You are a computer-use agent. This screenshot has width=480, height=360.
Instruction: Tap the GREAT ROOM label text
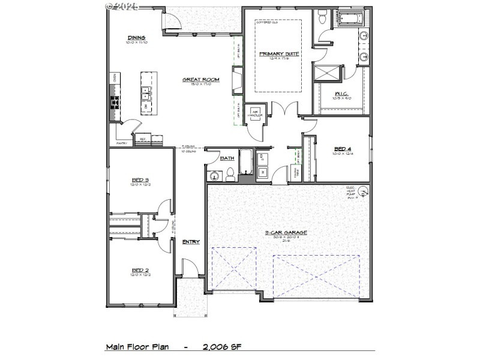[201, 79]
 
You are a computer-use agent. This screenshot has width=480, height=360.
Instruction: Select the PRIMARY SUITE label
[278, 53]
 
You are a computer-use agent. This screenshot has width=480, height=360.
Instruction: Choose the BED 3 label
[140, 179]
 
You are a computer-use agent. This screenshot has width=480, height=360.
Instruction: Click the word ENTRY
[191, 242]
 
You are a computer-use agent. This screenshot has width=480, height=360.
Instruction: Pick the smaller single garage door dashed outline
[233, 271]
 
